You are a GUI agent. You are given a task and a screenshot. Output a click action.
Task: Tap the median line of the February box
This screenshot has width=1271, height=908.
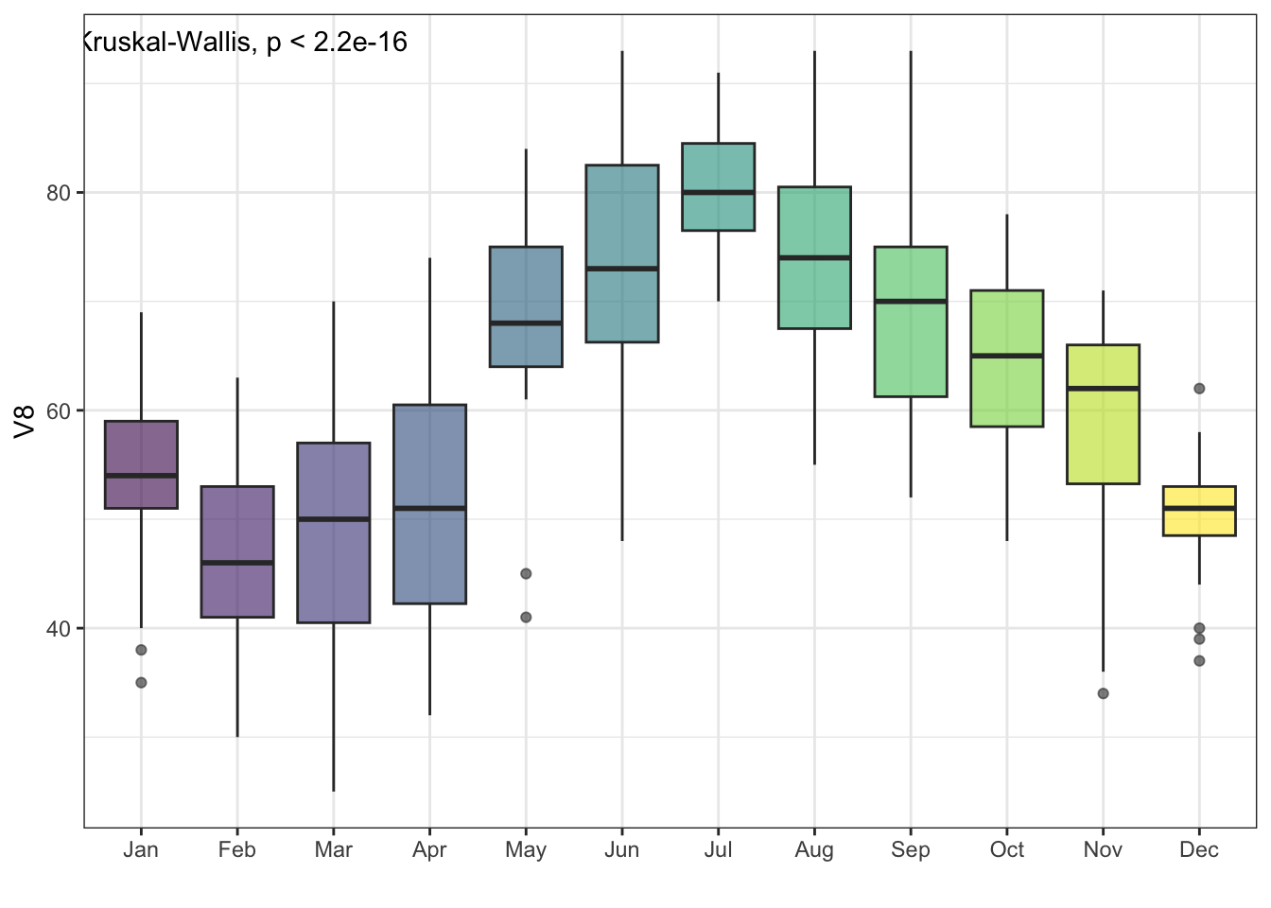[x=236, y=563]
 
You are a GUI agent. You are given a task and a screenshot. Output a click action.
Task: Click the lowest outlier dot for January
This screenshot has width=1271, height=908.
[x=141, y=683]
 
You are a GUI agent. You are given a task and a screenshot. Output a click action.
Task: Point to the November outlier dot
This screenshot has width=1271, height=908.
[x=1103, y=693]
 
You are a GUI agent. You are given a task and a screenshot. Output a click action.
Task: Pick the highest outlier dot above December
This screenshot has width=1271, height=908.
[x=1199, y=389]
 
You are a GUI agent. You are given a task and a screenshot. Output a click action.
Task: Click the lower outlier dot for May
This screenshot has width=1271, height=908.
[x=526, y=618]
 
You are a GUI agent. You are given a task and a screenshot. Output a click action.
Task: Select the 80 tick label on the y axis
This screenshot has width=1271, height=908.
[x=59, y=193]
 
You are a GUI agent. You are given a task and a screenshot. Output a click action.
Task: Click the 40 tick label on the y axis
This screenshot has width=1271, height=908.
[x=59, y=629]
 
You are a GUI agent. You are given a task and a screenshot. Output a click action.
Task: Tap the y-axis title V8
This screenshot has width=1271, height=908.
[x=26, y=421]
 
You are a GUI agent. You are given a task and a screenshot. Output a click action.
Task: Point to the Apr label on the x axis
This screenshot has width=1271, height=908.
[x=429, y=850]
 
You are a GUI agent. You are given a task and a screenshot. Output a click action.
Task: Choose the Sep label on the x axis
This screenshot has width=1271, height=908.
[x=910, y=850]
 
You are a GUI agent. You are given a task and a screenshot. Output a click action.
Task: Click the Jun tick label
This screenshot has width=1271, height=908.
[x=621, y=850]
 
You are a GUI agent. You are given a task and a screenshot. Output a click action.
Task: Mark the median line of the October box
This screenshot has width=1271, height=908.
[x=1006, y=356]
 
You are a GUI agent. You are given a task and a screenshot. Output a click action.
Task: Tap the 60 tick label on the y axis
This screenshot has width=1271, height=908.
[x=59, y=410]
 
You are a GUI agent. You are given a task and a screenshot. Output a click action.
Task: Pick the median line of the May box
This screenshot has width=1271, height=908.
[x=526, y=323]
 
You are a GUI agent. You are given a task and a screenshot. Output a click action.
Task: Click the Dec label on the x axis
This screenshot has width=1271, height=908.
[x=1198, y=850]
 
